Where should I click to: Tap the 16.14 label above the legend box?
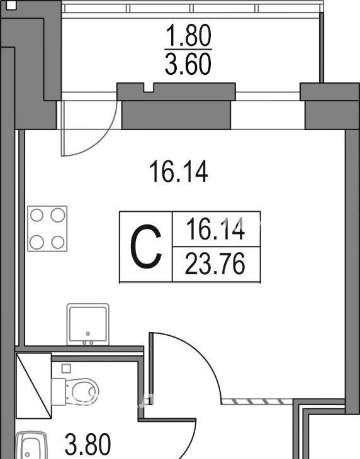(x=179, y=173)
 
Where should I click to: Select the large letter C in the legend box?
(x=146, y=246)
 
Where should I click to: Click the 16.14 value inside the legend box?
(x=215, y=229)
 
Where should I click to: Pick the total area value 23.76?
(x=215, y=263)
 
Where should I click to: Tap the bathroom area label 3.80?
(x=88, y=445)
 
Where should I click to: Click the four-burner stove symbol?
(x=47, y=229)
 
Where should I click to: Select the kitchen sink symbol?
(x=88, y=324)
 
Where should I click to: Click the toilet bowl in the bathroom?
(x=76, y=392)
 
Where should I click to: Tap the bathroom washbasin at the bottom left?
(x=31, y=445)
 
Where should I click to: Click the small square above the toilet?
(x=67, y=368)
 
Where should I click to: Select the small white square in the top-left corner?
(x=11, y=6)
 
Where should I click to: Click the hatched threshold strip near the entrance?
(x=257, y=401)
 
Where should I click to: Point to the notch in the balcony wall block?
(x=149, y=87)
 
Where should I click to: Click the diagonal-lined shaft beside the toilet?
(x=34, y=386)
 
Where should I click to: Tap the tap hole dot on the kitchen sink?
(x=88, y=333)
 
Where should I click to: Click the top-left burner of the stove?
(x=37, y=216)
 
